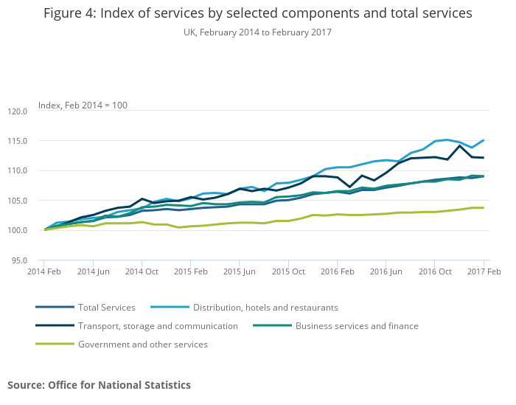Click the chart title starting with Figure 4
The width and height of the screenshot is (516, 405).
[x=257, y=13]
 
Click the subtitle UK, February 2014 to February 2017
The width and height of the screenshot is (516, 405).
[x=257, y=32]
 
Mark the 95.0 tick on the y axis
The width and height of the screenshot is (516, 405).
[x=19, y=260]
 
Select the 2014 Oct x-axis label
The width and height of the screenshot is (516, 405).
[x=142, y=271]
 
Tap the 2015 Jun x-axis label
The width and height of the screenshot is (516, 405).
[x=239, y=271]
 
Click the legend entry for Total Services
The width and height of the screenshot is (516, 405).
[x=107, y=308]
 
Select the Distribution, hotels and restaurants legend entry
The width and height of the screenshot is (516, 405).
[x=265, y=308]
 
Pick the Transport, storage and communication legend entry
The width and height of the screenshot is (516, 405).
[x=158, y=326]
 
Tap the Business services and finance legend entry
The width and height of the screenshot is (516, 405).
[x=357, y=326]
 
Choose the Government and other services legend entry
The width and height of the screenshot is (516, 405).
[x=142, y=345]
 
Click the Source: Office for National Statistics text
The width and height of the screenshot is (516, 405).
[x=99, y=385]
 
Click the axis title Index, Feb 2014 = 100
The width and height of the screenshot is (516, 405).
[x=83, y=105]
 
